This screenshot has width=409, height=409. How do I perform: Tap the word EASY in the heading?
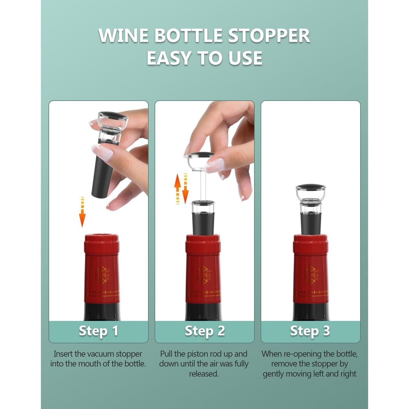[x=169, y=58]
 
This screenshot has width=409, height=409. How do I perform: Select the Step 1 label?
[x=98, y=331]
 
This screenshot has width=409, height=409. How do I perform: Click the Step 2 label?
[x=204, y=331]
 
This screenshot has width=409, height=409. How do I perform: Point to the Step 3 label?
[x=310, y=331]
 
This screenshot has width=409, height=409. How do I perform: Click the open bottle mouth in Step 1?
[x=101, y=235]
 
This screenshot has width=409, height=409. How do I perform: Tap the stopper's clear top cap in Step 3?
[x=311, y=192]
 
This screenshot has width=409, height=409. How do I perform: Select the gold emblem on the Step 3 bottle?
[x=311, y=275]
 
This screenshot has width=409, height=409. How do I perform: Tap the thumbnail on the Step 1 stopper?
[x=103, y=152]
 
